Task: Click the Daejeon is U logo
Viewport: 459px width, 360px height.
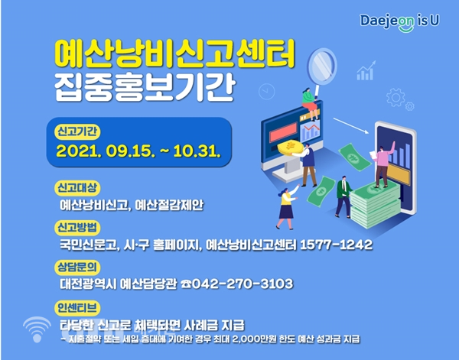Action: pyautogui.click(x=399, y=22)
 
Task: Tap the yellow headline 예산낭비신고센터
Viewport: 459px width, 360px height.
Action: pyautogui.click(x=174, y=55)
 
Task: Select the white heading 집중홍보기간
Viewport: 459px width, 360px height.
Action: pyautogui.click(x=145, y=87)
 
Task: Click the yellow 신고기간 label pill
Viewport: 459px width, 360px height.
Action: pyautogui.click(x=77, y=132)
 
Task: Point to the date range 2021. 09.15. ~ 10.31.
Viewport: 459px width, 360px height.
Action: pyautogui.click(x=138, y=151)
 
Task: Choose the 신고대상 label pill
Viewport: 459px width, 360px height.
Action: pyautogui.click(x=77, y=187)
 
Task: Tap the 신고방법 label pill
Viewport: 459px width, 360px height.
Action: pyautogui.click(x=77, y=228)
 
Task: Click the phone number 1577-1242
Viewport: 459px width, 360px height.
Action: pyautogui.click(x=337, y=245)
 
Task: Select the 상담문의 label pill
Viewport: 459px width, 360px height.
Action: pyautogui.click(x=77, y=267)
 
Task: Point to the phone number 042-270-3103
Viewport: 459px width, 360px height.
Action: pyautogui.click(x=242, y=284)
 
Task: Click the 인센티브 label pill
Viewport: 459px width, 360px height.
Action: pyautogui.click(x=77, y=308)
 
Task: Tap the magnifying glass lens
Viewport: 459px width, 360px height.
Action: pyautogui.click(x=322, y=66)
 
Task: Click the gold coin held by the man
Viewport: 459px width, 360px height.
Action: pyautogui.click(x=291, y=147)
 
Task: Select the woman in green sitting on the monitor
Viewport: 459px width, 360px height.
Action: pyautogui.click(x=311, y=104)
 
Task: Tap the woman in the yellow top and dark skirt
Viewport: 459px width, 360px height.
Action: pyautogui.click(x=286, y=207)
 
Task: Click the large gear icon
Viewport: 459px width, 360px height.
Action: pyautogui.click(x=396, y=97)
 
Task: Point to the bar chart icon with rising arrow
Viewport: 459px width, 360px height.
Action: pyautogui.click(x=366, y=70)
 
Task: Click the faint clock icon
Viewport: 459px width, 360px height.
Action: pyautogui.click(x=267, y=92)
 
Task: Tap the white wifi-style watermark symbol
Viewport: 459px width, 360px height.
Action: pyautogui.click(x=37, y=329)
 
